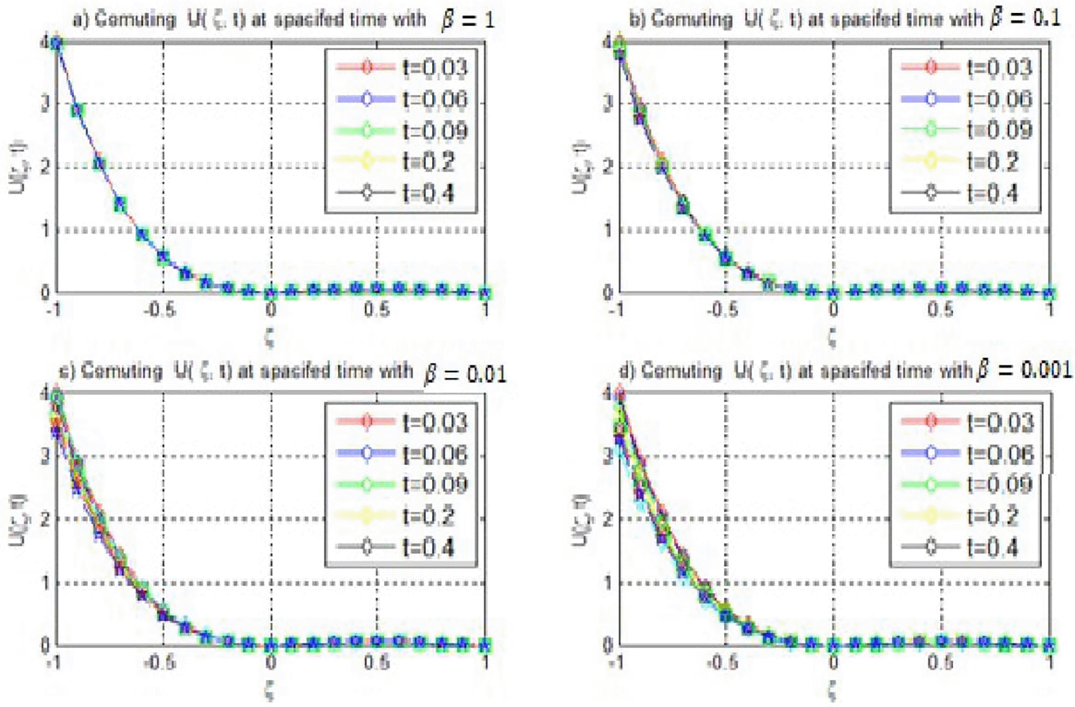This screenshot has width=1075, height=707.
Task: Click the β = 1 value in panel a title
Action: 467,19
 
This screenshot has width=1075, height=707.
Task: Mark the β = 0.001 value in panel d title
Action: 1024,370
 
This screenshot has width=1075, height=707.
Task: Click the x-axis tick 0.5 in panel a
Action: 377,310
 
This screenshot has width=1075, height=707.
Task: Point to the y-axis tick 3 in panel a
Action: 45,104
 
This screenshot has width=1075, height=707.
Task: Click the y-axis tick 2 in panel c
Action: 45,520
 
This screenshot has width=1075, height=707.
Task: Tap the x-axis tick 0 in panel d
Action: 833,663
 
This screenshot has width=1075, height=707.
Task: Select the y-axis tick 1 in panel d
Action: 608,583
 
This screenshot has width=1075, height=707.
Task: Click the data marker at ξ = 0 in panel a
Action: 271,293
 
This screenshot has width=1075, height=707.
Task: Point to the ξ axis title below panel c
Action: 270,691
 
